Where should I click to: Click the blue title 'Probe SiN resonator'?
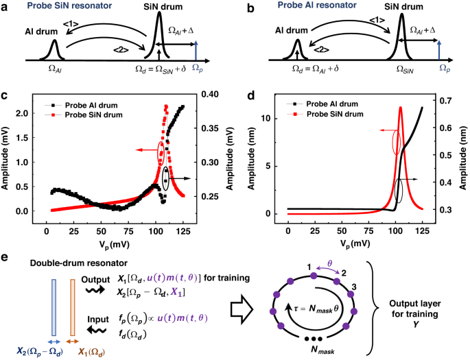69,5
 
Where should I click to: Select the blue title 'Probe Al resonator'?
317,5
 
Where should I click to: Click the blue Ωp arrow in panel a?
196,51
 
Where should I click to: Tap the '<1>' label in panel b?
377,21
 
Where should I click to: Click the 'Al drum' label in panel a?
41,32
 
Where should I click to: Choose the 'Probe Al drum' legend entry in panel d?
322,104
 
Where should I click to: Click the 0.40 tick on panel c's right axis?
209,94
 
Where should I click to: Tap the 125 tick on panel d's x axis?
423,231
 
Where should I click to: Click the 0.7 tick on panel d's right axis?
445,101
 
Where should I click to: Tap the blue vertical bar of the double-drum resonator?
54,308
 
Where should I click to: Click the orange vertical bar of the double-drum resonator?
72,308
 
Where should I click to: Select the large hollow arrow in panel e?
242,309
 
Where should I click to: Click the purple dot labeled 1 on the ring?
314,276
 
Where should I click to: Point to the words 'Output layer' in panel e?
415,304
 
